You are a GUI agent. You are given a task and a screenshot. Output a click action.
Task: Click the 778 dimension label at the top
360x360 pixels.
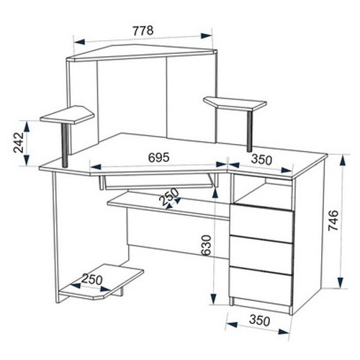tap(143, 31)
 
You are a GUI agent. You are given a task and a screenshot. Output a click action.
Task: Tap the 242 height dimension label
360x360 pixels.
tap(19, 143)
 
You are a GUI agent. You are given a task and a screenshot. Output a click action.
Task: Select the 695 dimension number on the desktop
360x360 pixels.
tap(159, 158)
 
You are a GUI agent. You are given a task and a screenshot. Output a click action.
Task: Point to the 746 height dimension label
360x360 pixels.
tap(333, 220)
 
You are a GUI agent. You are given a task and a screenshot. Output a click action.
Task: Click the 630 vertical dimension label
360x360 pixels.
tap(206, 245)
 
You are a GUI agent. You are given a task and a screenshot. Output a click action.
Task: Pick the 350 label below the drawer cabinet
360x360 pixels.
tap(260, 320)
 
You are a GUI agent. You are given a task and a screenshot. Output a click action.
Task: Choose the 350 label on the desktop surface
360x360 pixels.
tap(261, 160)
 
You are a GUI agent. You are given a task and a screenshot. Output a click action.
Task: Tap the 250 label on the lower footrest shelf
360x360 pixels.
tap(92, 279)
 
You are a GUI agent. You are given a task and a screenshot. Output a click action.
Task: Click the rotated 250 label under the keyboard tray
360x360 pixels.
tap(170, 197)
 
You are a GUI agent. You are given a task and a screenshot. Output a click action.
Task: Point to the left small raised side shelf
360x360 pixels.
tap(67, 114)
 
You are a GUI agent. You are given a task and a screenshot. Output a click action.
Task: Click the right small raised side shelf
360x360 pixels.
tap(235, 103)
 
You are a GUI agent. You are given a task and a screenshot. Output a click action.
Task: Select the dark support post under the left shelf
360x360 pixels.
tap(65, 145)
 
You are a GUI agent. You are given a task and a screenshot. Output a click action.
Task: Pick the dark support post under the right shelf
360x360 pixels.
tap(250, 131)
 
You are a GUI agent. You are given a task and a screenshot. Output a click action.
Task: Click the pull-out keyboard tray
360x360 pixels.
tap(156, 181)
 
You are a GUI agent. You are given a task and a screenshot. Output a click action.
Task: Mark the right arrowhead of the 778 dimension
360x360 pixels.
tap(207, 36)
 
